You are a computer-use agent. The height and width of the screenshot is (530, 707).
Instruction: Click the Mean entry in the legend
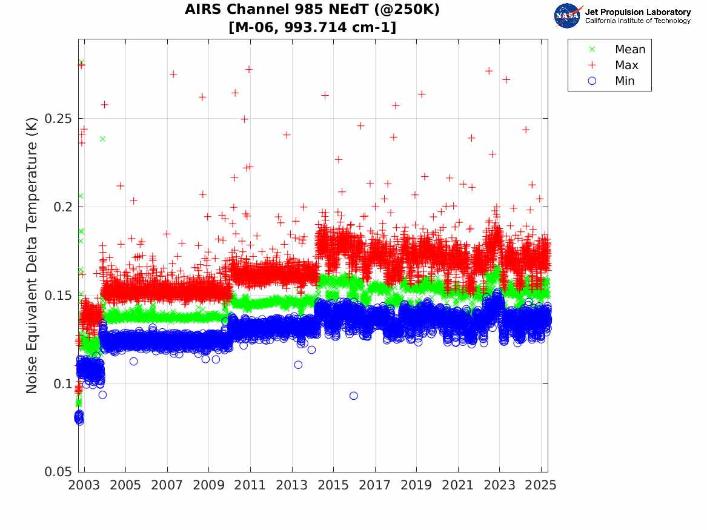(629, 50)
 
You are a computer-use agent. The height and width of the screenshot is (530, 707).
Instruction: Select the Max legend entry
(626, 65)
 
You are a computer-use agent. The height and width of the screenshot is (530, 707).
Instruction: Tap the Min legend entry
(625, 81)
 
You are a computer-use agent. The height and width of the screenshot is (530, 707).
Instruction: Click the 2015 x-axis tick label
(333, 486)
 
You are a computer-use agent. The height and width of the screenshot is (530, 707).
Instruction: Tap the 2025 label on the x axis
(540, 486)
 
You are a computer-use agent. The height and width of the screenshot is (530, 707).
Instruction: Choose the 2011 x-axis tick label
(250, 486)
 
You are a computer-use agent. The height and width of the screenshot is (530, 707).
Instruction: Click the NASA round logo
(568, 16)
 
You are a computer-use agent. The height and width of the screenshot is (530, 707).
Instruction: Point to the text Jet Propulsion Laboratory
(637, 12)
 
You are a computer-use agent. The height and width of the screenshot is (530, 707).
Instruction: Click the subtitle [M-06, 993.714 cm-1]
(313, 27)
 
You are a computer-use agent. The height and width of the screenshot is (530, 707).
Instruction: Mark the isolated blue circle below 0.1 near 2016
(354, 396)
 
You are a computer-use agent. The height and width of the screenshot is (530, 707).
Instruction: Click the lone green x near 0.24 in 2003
(102, 139)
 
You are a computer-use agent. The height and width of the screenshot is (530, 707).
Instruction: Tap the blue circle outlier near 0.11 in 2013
(298, 365)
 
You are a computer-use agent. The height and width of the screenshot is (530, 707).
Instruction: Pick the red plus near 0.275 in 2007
(173, 74)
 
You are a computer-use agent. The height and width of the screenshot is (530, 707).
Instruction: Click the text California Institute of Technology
(637, 21)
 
